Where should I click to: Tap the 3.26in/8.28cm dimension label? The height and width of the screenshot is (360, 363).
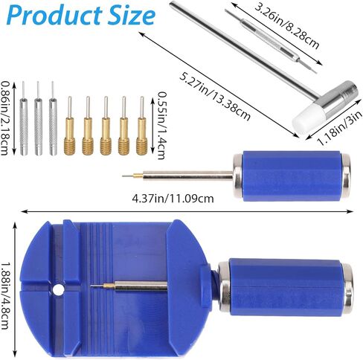click(286, 26)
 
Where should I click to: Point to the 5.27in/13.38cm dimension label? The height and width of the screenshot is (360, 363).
click(215, 97)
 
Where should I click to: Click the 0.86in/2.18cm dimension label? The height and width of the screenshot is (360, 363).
click(5, 118)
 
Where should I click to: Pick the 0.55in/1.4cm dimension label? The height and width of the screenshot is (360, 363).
click(161, 126)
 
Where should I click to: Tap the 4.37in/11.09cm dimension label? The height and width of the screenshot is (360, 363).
click(173, 199)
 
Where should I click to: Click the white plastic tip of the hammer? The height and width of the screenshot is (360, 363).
click(308, 116)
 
